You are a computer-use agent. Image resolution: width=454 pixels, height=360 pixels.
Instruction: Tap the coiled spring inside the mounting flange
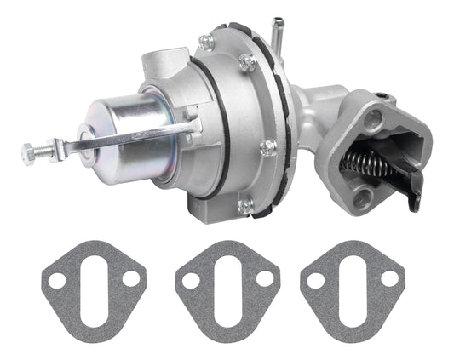tap(369, 163)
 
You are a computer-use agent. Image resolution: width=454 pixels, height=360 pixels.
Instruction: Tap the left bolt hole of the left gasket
tap(57, 280)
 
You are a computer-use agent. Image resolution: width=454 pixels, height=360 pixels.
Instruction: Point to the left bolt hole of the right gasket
tap(316, 280)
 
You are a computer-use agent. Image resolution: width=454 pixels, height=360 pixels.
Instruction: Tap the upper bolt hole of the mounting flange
tap(373, 121)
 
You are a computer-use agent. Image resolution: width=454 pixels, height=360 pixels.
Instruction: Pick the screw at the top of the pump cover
tap(205, 43)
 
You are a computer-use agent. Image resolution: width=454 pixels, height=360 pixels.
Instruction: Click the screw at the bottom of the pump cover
tap(245, 203)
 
